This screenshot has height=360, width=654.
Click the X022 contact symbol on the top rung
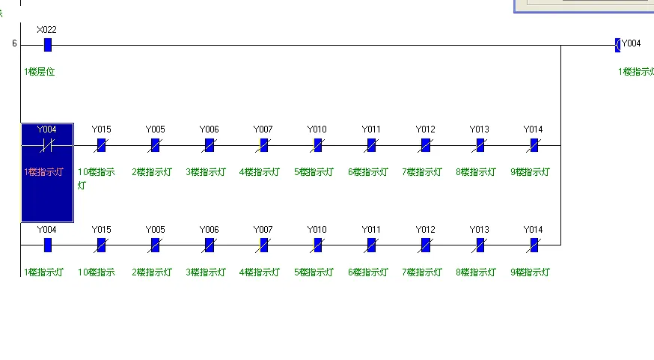[x=48, y=45]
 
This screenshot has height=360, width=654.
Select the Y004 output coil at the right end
[x=617, y=45]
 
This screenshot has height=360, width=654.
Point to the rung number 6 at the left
[x=14, y=43]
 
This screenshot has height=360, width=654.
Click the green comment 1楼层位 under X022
[x=40, y=72]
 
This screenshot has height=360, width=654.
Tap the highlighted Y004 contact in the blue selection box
[x=47, y=144]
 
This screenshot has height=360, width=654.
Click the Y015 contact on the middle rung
[x=101, y=145]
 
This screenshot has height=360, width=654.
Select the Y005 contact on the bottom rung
[x=155, y=245]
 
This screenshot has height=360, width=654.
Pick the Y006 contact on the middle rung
[x=209, y=145]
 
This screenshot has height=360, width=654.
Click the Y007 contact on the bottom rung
[x=263, y=245]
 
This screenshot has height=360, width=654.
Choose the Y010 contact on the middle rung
[x=317, y=145]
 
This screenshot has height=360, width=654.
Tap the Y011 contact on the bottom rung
[x=371, y=245]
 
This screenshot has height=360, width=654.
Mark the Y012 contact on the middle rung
[x=425, y=145]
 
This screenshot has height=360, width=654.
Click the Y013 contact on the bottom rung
[x=480, y=245]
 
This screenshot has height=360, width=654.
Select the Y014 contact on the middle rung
[x=534, y=145]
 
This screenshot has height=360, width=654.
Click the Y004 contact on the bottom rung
[x=47, y=245]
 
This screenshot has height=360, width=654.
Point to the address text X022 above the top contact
[x=46, y=30]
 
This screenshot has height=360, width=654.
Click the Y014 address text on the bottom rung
[x=533, y=229]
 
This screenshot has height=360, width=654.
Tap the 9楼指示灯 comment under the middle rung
[x=531, y=172]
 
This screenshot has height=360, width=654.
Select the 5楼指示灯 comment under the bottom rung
[x=314, y=272]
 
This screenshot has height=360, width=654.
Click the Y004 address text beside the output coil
[x=632, y=43]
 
